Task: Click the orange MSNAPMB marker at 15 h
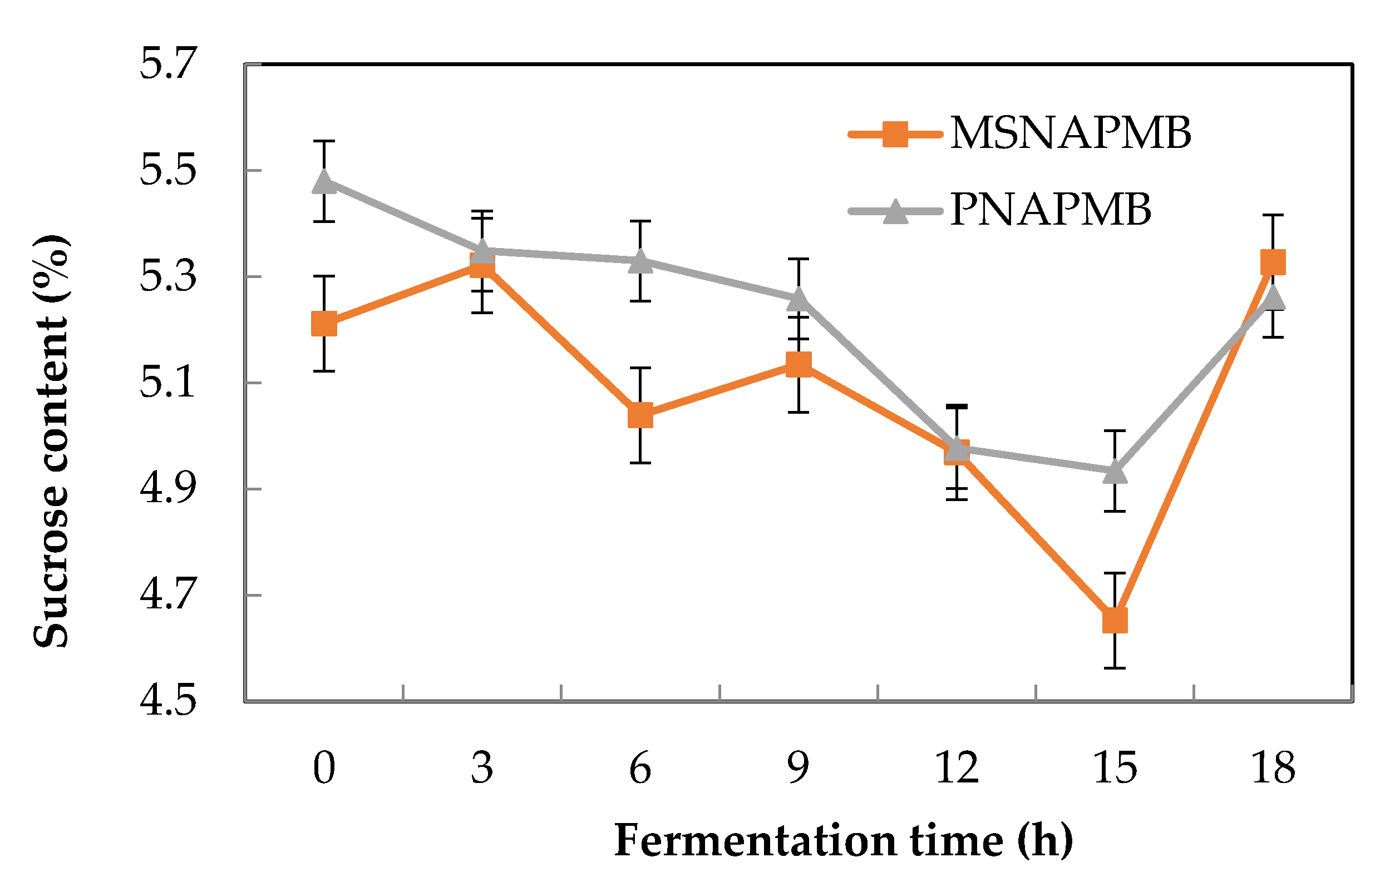tap(1114, 621)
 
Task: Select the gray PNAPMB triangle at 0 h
tap(324, 182)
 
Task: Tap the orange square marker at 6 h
tap(640, 415)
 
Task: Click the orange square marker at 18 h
tap(1273, 262)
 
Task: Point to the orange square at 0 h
tap(324, 324)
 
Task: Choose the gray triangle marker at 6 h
tap(640, 261)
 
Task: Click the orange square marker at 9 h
tap(798, 364)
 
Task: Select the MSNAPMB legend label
tap(1070, 133)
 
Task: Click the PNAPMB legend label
tap(1050, 210)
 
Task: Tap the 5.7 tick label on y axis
tap(167, 64)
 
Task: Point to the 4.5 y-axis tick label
tap(167, 700)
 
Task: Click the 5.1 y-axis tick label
tap(167, 383)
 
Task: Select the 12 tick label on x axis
tap(957, 768)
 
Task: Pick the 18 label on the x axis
tap(1273, 768)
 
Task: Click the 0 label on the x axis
tap(324, 768)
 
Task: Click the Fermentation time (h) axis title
tap(842, 840)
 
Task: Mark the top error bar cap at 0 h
tap(324, 141)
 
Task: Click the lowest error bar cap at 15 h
tap(1114, 668)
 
